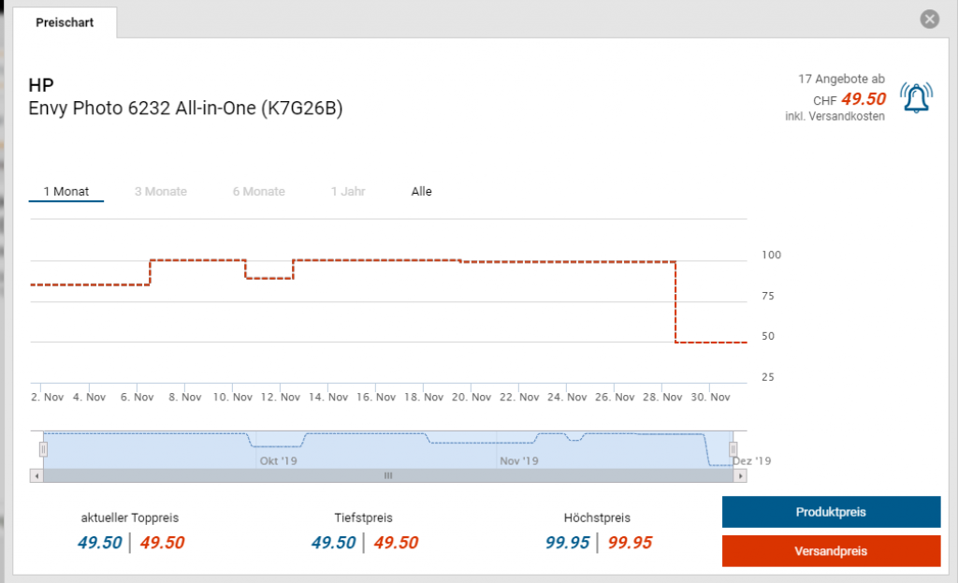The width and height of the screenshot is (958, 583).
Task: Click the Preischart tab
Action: (x=65, y=22)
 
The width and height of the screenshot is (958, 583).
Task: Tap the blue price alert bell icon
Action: (x=916, y=97)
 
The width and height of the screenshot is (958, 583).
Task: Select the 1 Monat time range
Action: (x=65, y=192)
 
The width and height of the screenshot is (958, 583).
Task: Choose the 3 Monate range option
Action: (x=160, y=192)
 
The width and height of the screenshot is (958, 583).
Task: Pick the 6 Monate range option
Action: (x=258, y=192)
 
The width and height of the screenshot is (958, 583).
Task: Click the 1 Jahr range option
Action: (x=347, y=192)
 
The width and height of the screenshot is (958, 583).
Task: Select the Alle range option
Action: (x=421, y=192)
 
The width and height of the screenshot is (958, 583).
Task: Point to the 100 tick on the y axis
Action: (x=772, y=255)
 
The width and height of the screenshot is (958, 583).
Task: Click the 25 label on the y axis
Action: (x=768, y=377)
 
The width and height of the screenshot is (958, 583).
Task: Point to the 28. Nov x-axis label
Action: (x=661, y=398)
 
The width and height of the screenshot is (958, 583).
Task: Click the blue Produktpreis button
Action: (x=831, y=512)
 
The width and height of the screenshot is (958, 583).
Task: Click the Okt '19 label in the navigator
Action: (x=277, y=461)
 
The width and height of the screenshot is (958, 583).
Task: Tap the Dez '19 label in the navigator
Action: (x=751, y=461)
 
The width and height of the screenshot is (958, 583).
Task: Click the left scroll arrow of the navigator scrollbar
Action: (x=37, y=475)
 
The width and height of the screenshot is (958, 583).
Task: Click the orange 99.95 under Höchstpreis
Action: (x=630, y=543)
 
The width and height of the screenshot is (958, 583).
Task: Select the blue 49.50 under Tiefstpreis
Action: (x=333, y=543)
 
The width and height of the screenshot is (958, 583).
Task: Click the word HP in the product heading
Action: (x=41, y=86)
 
